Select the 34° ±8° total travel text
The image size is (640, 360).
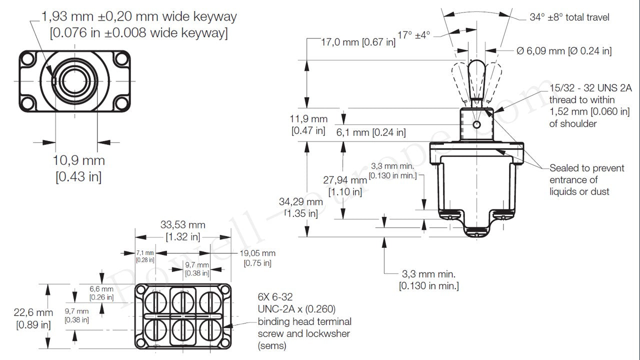pos(569,17)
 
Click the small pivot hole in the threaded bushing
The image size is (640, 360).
pos(476,124)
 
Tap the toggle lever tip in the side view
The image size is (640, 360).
pos(476,65)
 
